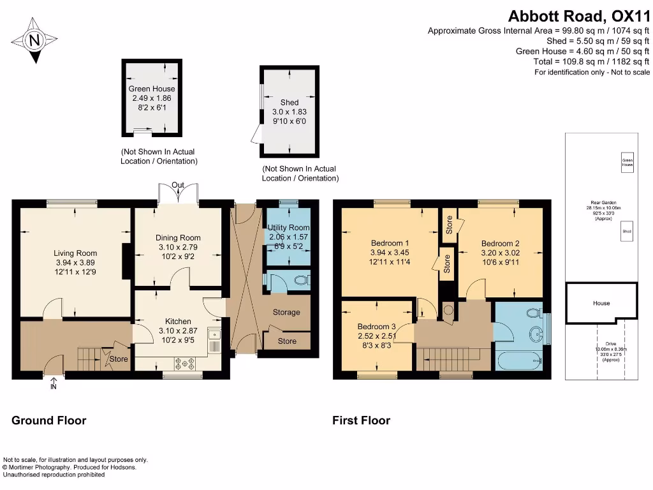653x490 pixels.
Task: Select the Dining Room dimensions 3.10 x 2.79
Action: pyautogui.click(x=179, y=247)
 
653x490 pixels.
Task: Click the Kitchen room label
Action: pyautogui.click(x=179, y=321)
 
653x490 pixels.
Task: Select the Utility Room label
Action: pyautogui.click(x=288, y=228)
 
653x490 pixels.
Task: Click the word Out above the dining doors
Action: pyautogui.click(x=178, y=185)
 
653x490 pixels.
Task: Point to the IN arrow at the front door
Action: pyautogui.click(x=53, y=385)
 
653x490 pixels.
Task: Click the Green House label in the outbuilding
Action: pyautogui.click(x=152, y=89)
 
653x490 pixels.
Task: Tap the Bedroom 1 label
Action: pyautogui.click(x=390, y=243)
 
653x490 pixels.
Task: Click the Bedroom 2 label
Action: pyautogui.click(x=500, y=243)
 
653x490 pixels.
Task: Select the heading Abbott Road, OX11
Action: pyautogui.click(x=578, y=15)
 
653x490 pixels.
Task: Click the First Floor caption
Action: pyautogui.click(x=361, y=420)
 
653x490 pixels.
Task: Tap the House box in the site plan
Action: pyautogui.click(x=601, y=304)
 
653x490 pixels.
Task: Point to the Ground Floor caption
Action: pyautogui.click(x=49, y=420)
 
